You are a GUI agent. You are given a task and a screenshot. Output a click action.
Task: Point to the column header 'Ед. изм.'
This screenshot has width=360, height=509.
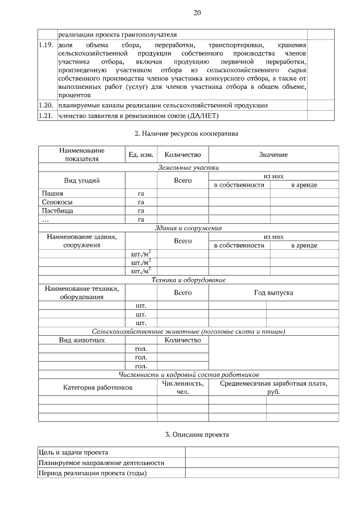pos(141,155)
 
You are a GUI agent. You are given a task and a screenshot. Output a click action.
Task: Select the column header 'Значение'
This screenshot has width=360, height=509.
pos(273,155)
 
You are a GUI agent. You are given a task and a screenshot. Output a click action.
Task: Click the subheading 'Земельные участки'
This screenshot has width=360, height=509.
pos(188,167)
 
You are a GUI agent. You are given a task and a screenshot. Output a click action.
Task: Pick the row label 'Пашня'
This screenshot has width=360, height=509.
pos(52,193)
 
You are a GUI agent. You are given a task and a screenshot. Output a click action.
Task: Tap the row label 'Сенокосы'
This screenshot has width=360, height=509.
pos(57,202)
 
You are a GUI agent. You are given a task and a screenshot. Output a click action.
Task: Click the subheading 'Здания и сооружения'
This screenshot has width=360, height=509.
pos(188,228)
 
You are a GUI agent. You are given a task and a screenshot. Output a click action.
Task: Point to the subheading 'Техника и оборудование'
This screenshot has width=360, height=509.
pos(188,280)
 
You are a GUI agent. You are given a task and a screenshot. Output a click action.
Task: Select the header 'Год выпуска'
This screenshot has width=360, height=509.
pos(273,292)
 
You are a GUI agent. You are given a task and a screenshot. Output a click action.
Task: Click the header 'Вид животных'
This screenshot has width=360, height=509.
pos(82,340)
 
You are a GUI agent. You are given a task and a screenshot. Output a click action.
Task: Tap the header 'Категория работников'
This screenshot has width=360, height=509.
pos(97,387)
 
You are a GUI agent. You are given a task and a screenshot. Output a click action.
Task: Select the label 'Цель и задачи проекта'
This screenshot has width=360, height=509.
pos(73,452)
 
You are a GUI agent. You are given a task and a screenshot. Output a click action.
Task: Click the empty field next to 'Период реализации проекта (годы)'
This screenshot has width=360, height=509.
pos(262,472)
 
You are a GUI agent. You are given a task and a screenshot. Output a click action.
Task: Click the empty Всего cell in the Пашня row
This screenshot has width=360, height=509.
pos(183,193)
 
